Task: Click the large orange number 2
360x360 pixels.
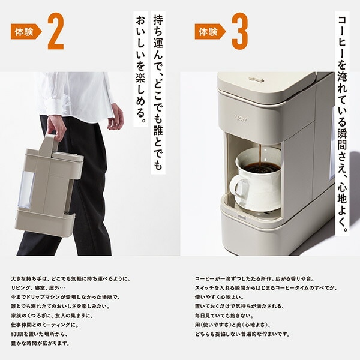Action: pos(55,32)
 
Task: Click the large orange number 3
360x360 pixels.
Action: pos(239,32)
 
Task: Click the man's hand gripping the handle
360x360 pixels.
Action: pos(56,125)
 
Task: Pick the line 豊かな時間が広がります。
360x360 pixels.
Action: pos(40,344)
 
